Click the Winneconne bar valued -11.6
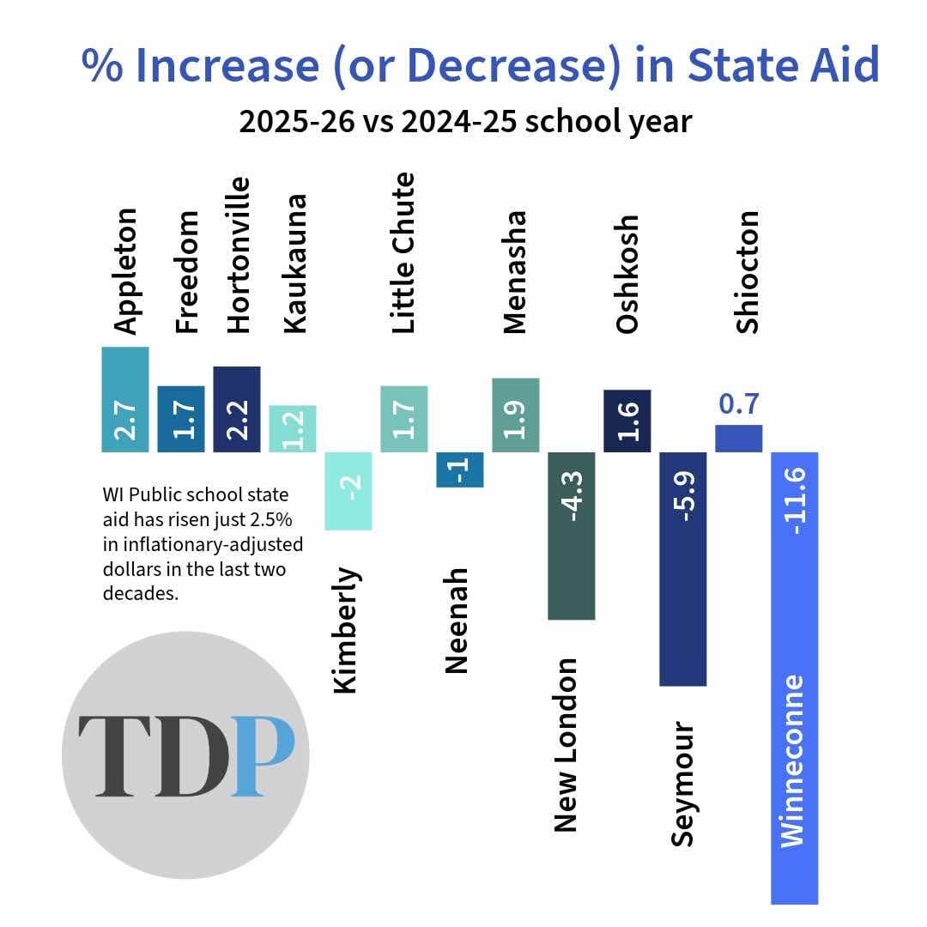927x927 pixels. [x=794, y=678]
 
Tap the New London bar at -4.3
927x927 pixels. [x=571, y=535]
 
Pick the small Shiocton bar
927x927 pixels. [x=738, y=438]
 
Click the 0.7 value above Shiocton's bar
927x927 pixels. [x=738, y=404]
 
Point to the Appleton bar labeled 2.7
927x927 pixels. [x=125, y=399]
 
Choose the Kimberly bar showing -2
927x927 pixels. [x=348, y=490]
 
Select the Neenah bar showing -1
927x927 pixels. [x=459, y=470]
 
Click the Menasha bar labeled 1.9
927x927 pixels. [x=515, y=415]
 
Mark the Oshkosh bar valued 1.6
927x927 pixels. [x=627, y=421]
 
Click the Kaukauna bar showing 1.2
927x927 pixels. [x=293, y=428]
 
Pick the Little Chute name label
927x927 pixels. [x=403, y=253]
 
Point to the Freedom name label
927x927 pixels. [x=186, y=271]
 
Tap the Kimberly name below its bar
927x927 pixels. [x=345, y=629]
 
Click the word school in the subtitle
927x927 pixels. [x=570, y=121]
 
